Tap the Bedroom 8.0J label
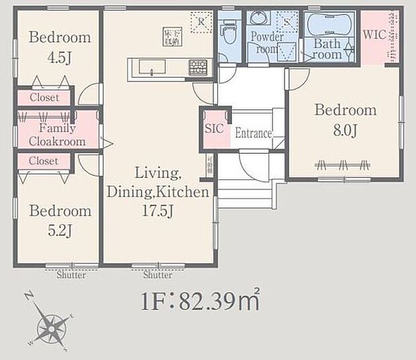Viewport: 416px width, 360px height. pos(346,120)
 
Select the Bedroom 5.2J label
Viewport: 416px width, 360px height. pos(59,220)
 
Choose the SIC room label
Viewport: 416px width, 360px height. pos(213,127)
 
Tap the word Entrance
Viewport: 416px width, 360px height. pos(253,134)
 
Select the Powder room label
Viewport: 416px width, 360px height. pos(266,42)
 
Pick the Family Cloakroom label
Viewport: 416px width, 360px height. pos(56,134)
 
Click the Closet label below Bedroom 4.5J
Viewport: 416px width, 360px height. pos(44,97)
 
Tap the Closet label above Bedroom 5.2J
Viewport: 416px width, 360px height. pos(44,161)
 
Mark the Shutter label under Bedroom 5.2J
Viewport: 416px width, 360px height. pos(70,275)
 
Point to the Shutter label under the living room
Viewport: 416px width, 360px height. pos(157,275)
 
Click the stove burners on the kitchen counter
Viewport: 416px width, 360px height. pos(198,66)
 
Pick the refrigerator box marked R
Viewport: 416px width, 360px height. pos(201,22)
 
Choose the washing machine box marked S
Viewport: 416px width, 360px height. pos(287,22)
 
